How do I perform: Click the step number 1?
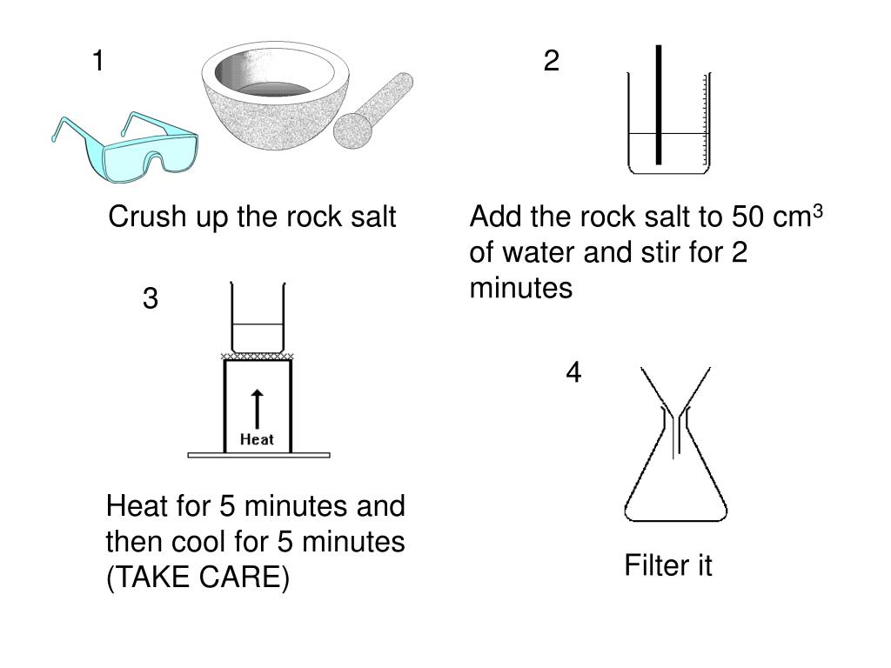98,62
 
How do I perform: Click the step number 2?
551,62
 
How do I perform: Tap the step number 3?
151,299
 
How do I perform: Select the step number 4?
573,372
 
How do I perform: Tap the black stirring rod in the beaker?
660,104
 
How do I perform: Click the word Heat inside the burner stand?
257,439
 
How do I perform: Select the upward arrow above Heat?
257,409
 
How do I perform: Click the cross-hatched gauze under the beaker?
258,356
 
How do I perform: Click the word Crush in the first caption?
136,217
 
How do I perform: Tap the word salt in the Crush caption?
369,217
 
